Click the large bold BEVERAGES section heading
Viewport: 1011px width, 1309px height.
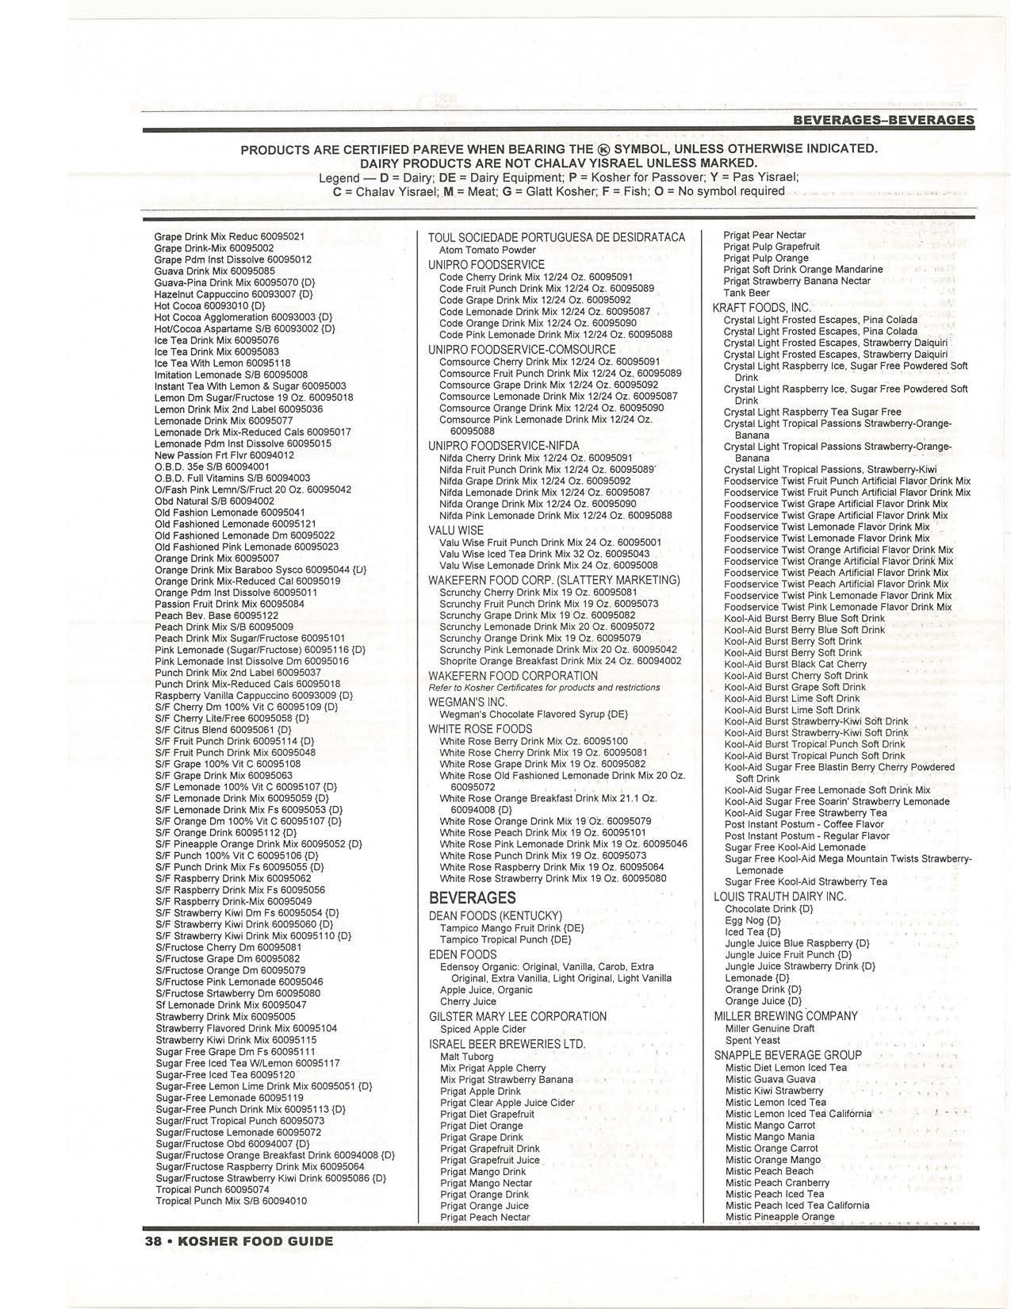pos(472,898)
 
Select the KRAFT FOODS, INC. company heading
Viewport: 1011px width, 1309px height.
pos(762,308)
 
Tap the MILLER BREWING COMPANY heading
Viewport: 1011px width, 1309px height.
pos(785,1016)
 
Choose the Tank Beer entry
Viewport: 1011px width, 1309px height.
pos(746,293)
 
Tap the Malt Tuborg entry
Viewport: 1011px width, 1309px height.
pos(466,1057)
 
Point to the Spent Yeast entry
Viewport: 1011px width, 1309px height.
pos(753,1040)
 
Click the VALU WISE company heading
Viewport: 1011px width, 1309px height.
pos(456,530)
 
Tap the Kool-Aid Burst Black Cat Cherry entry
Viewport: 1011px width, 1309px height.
pos(795,664)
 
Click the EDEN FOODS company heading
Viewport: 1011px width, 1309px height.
pos(462,954)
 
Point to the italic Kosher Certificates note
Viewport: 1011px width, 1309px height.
pos(544,687)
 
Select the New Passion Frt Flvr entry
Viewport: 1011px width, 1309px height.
pos(224,455)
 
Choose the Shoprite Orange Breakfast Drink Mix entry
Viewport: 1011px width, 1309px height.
pos(560,661)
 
